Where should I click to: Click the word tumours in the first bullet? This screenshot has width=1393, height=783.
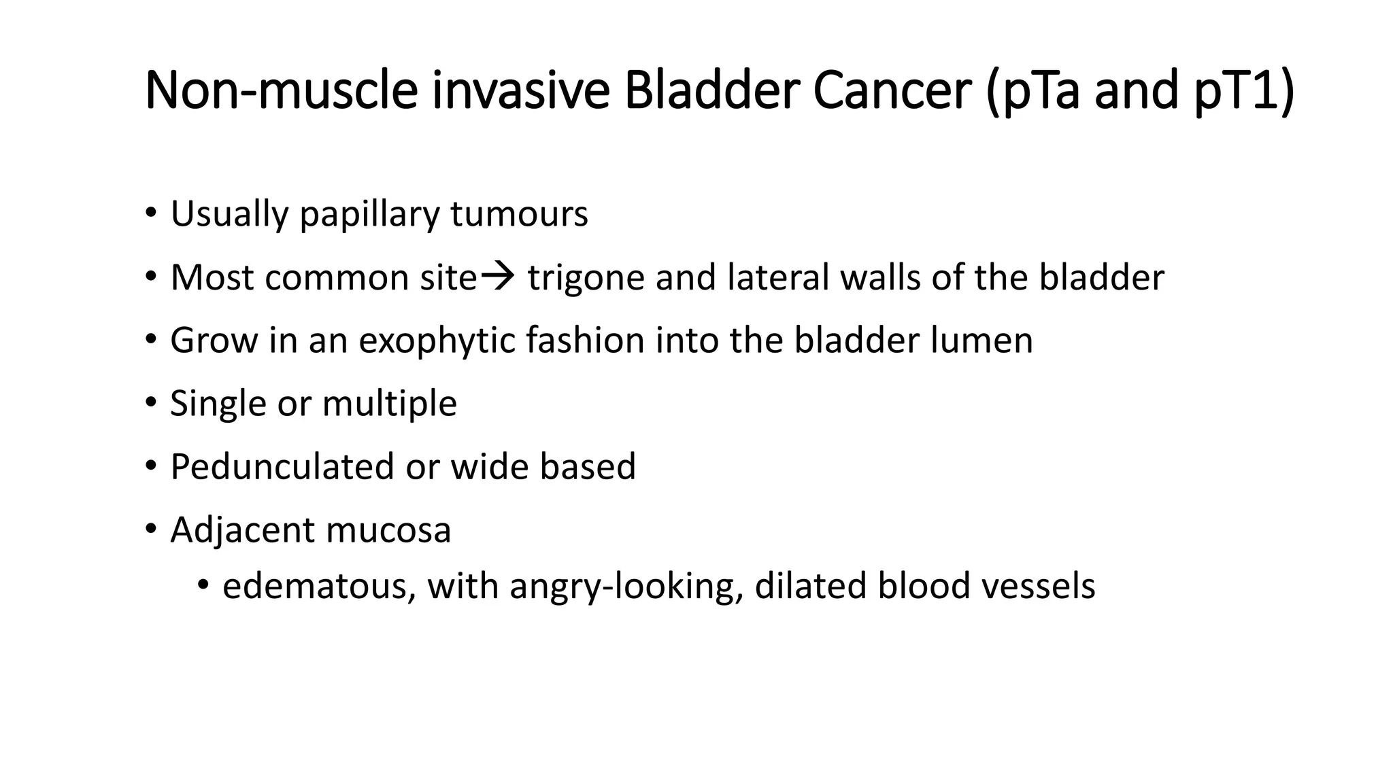(519, 214)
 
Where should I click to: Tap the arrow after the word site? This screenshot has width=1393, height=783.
(498, 276)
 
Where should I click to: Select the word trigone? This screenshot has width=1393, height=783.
(586, 278)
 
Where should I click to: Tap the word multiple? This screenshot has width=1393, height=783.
(389, 404)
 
